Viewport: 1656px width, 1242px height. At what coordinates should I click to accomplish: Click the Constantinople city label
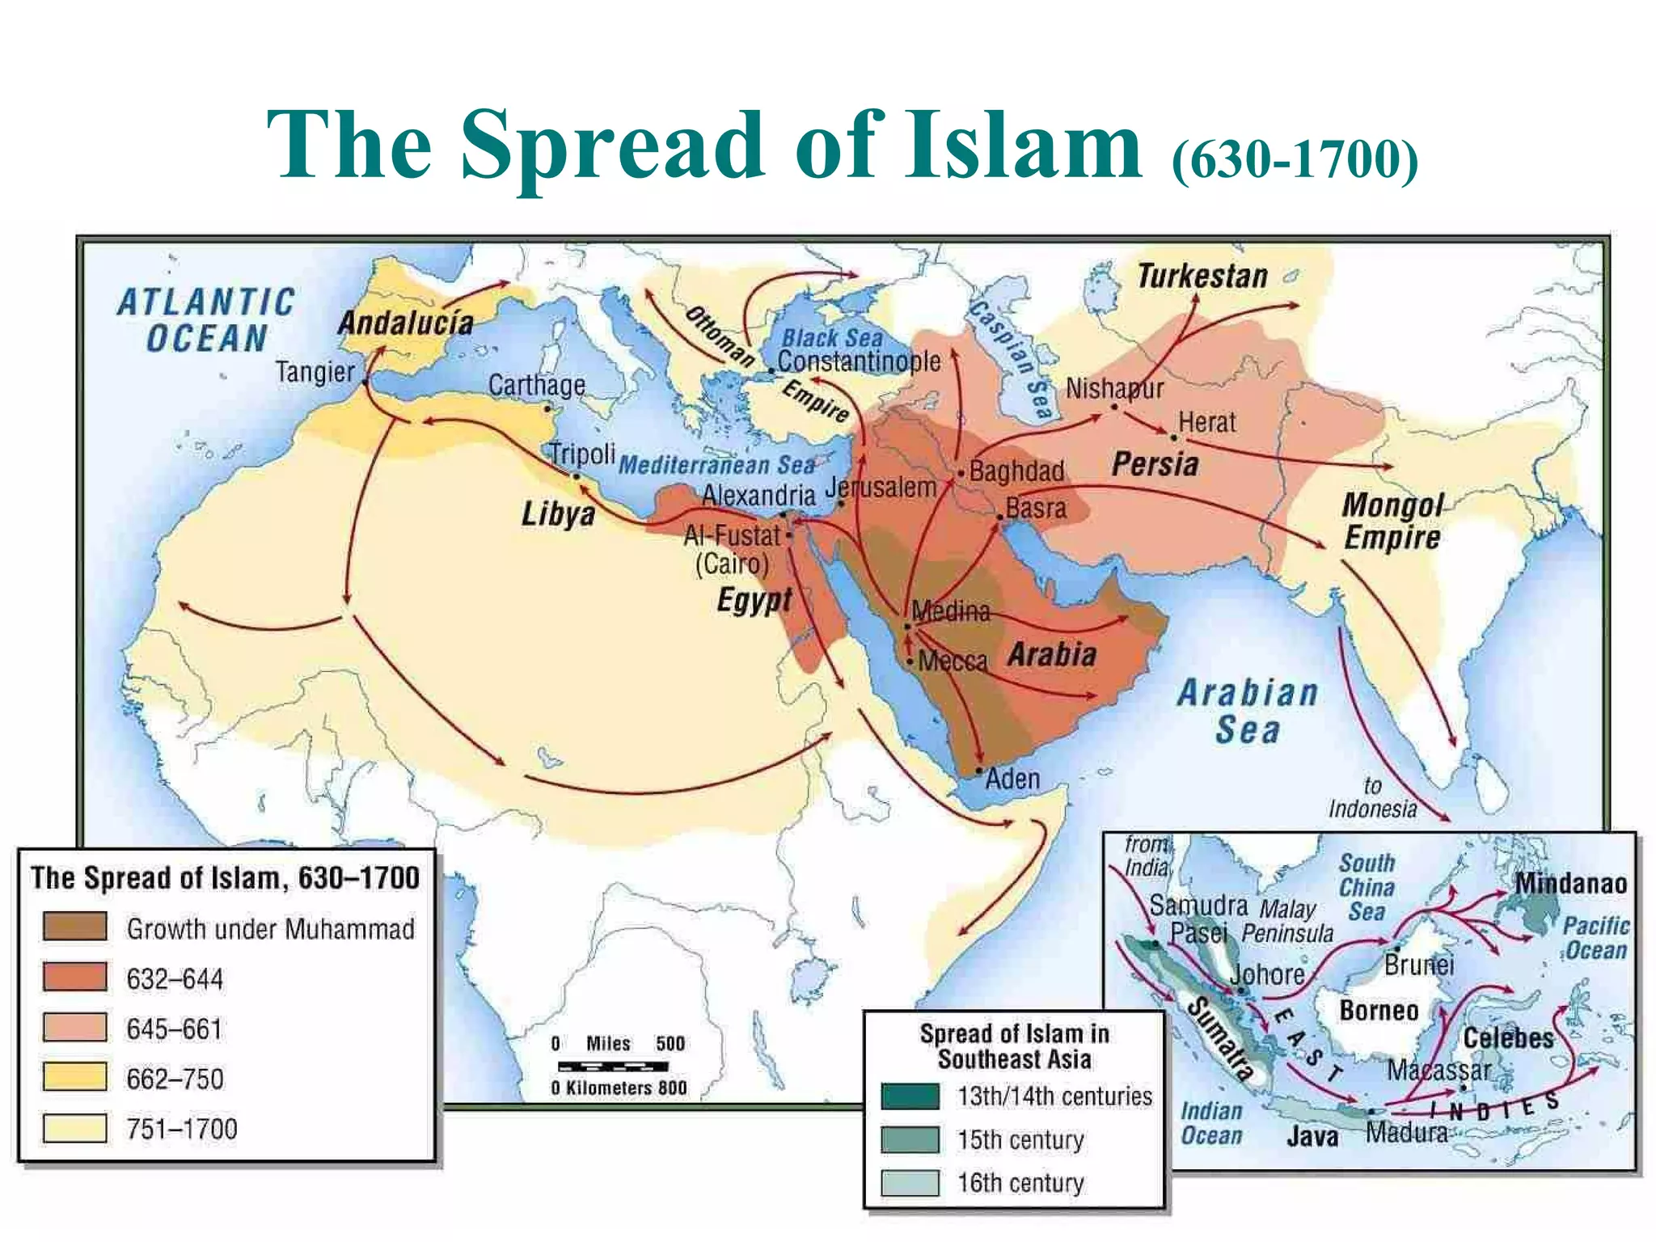click(859, 361)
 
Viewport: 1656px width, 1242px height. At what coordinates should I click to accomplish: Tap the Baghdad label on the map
click(1016, 471)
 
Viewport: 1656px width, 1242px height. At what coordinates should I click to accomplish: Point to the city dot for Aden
click(979, 771)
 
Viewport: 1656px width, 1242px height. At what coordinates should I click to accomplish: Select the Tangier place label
click(315, 372)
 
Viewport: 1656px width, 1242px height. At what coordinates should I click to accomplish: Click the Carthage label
click(536, 385)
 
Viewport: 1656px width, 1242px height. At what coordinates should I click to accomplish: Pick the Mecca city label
click(953, 661)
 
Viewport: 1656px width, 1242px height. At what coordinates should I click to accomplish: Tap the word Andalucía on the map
click(405, 323)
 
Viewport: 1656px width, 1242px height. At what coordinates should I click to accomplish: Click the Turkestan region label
click(1202, 277)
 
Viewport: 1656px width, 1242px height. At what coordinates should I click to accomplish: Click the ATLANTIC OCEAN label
click(206, 320)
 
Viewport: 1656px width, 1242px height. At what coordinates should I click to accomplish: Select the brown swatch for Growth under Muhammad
click(74, 927)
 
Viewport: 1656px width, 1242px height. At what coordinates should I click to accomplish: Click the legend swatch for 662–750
click(74, 1077)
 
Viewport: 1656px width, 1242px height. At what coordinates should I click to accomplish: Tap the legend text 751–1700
click(182, 1129)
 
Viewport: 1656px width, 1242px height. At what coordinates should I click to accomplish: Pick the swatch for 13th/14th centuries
click(910, 1096)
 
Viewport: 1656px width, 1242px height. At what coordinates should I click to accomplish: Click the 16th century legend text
click(1020, 1183)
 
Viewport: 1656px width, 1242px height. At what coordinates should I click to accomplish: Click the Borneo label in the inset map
click(1379, 1011)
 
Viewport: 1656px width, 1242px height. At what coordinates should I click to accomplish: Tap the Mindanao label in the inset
click(1570, 883)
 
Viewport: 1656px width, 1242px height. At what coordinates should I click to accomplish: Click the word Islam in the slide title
click(1024, 146)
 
